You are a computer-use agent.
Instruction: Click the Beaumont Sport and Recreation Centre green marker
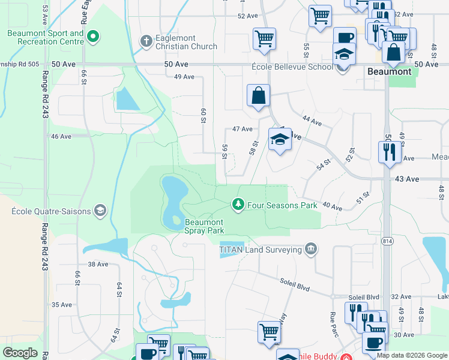[x=92, y=38]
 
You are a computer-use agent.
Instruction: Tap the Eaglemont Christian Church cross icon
[x=145, y=41]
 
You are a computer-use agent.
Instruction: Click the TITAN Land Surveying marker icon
[x=310, y=248]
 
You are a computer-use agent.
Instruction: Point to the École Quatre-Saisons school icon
[x=100, y=211]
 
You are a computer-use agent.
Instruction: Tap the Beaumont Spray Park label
[x=204, y=226]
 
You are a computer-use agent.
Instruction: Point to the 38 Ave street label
[x=97, y=264]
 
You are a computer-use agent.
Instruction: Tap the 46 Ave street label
[x=61, y=136]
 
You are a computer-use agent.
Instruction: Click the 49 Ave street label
[x=184, y=77]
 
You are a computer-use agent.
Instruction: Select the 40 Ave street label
[x=332, y=206]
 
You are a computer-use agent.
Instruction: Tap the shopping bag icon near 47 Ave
[x=258, y=95]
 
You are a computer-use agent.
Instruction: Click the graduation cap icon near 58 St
[x=279, y=140]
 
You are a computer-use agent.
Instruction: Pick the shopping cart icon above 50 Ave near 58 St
[x=264, y=39]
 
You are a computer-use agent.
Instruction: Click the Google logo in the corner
[x=20, y=353]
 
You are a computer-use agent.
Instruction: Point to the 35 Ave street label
[x=61, y=305]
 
